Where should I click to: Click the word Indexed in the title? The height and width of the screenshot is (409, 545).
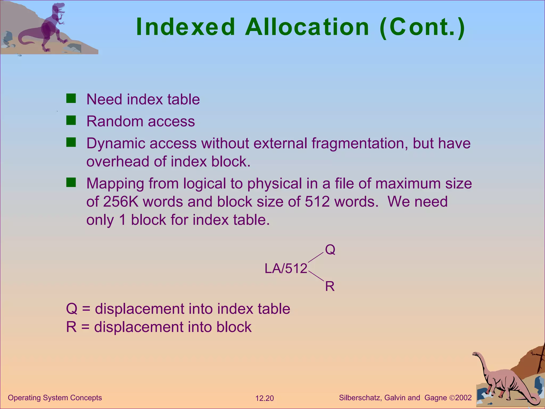pos(185,27)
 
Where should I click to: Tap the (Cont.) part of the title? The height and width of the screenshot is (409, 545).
pos(422,27)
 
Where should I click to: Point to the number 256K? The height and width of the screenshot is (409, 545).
pos(121,202)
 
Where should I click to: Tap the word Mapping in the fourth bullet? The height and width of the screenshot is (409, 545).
pos(115,184)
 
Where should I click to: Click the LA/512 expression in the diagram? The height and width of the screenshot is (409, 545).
pos(286,268)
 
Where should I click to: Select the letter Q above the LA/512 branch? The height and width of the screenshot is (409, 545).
pos(330,250)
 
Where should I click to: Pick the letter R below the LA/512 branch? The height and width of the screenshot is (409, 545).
pos(330,287)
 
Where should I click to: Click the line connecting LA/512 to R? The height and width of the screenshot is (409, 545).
pos(316,276)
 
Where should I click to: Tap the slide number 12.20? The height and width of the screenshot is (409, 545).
pos(265,398)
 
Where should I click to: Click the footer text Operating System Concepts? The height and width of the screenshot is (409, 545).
pos(55,398)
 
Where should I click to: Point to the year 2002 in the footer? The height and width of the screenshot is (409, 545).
pos(463,398)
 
